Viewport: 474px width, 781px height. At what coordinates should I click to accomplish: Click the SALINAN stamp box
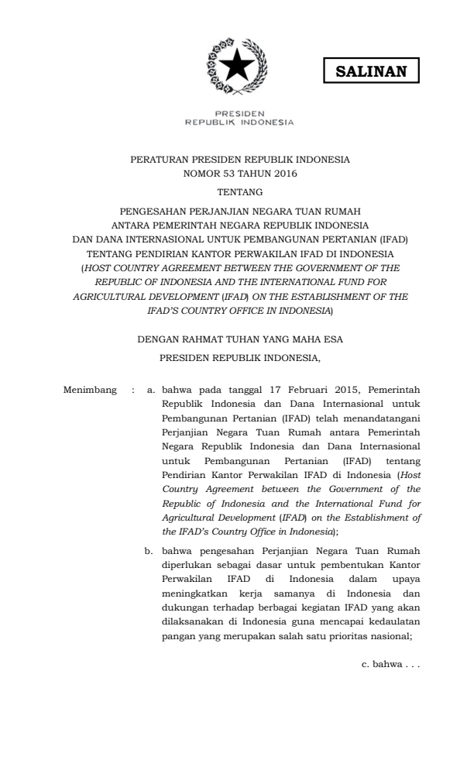click(370, 71)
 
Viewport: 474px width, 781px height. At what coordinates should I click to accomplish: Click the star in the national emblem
click(236, 67)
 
